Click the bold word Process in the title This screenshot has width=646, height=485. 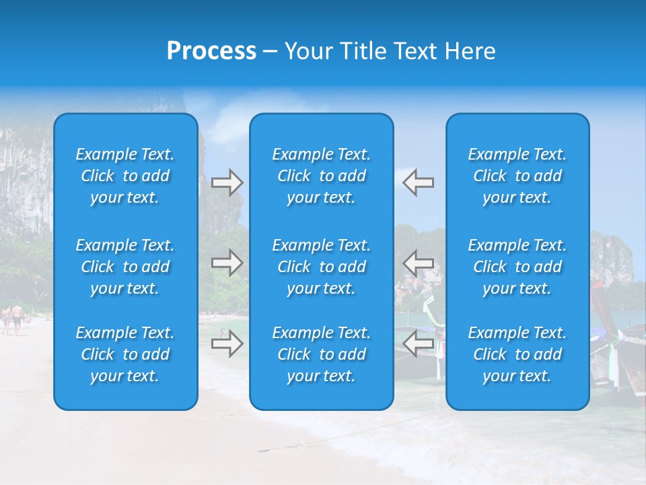pyautogui.click(x=211, y=51)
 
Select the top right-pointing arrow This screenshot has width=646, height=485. pyautogui.click(x=227, y=183)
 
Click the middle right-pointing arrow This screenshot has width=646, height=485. pyautogui.click(x=227, y=262)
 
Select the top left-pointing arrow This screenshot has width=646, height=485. pyautogui.click(x=418, y=183)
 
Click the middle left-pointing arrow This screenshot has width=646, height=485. pyautogui.click(x=418, y=262)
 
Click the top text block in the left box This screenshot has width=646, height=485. pyautogui.click(x=125, y=176)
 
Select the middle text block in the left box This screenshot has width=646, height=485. pyautogui.click(x=125, y=267)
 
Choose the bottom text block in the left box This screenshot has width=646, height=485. pyautogui.click(x=125, y=354)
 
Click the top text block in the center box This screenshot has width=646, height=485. pyautogui.click(x=321, y=176)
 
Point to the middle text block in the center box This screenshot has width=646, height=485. pyautogui.click(x=321, y=267)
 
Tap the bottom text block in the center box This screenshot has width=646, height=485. pyautogui.click(x=321, y=354)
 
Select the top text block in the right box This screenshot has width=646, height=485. pyautogui.click(x=517, y=176)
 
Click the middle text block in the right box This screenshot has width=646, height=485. pyautogui.click(x=517, y=267)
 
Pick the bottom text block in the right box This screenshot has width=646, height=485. pyautogui.click(x=517, y=354)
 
